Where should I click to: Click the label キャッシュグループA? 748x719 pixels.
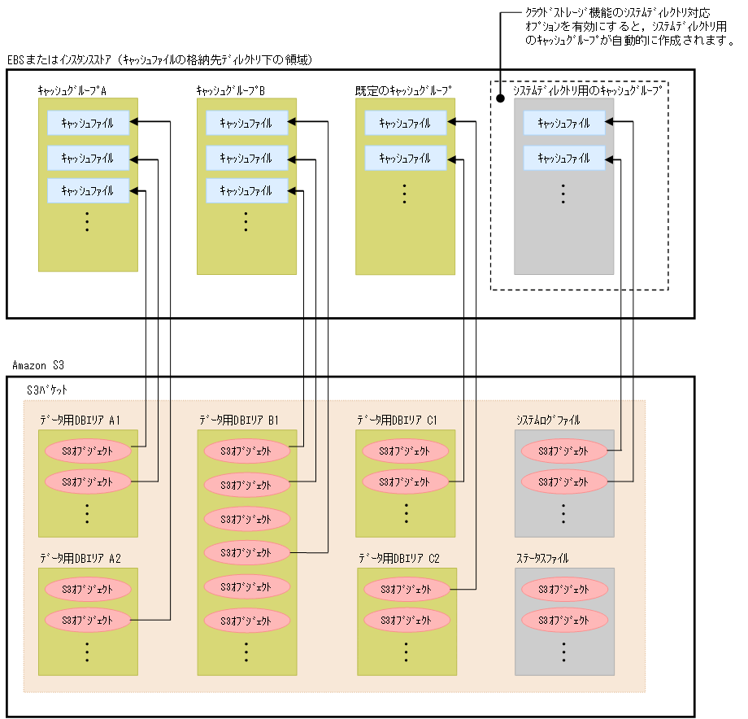[x=72, y=90]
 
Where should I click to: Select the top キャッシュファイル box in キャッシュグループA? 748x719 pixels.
[x=87, y=123]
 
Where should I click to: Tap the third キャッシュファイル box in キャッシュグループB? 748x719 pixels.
[x=246, y=191]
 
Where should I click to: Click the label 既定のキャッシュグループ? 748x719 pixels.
[x=402, y=90]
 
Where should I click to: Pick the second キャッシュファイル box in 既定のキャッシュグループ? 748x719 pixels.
[x=405, y=158]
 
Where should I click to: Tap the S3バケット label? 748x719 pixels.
[x=47, y=390]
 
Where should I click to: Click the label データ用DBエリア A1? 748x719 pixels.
[x=80, y=421]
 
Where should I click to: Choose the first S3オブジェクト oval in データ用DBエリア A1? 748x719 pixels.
[x=88, y=450]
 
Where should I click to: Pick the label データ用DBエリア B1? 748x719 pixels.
[x=239, y=421]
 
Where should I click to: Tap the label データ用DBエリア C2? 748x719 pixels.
[x=398, y=559]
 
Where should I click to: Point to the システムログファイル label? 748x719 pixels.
[x=548, y=421]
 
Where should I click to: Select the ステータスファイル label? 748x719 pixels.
[x=542, y=559]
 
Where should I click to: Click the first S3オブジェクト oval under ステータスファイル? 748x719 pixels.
[x=564, y=590]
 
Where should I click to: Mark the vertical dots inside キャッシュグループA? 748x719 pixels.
[x=88, y=222]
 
